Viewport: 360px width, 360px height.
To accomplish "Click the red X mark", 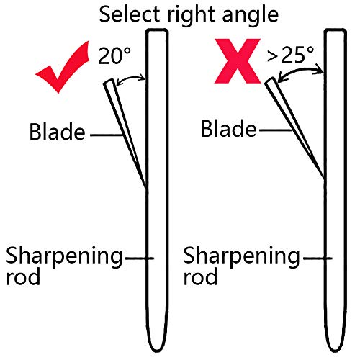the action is click(x=238, y=61).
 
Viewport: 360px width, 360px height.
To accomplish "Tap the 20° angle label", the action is click(x=114, y=55).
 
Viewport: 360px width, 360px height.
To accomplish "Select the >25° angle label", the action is click(x=290, y=55).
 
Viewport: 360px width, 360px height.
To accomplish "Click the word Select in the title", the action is click(x=130, y=14).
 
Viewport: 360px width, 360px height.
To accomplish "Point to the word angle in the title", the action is click(x=251, y=16).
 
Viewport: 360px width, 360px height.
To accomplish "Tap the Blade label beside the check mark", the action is click(x=57, y=131).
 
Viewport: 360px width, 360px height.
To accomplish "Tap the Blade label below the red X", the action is click(x=229, y=128).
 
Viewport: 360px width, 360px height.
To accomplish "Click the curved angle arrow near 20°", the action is click(x=130, y=78).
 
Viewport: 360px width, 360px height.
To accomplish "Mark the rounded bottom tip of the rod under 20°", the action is click(x=158, y=351).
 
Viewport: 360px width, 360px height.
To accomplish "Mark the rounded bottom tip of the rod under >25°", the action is click(x=336, y=351).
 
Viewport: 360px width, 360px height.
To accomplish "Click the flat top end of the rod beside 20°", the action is click(x=158, y=30).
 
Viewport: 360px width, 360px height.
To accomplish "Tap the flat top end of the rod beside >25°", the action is click(x=336, y=30).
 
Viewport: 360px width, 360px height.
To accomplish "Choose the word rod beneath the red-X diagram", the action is click(x=200, y=276).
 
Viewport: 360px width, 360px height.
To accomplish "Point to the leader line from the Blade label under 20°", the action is click(x=107, y=135).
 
